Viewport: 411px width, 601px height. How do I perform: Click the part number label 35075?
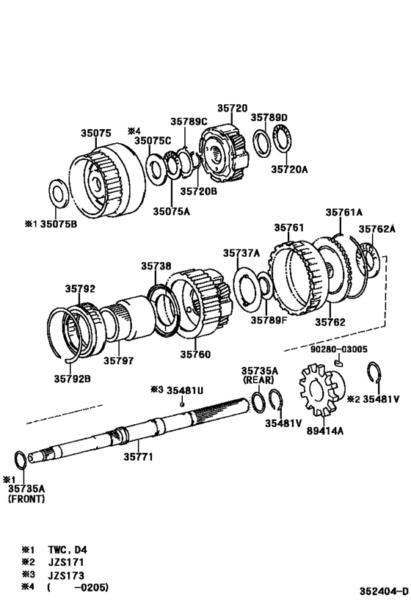pyautogui.click(x=96, y=133)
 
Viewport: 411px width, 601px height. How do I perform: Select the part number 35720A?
pyautogui.click(x=289, y=169)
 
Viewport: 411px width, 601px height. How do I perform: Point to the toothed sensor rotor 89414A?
pyautogui.click(x=322, y=390)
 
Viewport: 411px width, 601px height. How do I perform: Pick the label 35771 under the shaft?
pyautogui.click(x=138, y=456)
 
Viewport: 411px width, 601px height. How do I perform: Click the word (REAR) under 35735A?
pyautogui.click(x=259, y=380)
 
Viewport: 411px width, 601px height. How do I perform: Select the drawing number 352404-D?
pyautogui.click(x=384, y=590)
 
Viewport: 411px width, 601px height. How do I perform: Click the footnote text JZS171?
pyautogui.click(x=66, y=562)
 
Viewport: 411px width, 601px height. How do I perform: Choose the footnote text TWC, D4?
pyautogui.click(x=68, y=550)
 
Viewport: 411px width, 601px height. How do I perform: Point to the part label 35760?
pyautogui.click(x=195, y=354)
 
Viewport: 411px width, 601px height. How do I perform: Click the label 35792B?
pyautogui.click(x=73, y=379)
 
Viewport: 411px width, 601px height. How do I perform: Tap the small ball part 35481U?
pyautogui.click(x=183, y=404)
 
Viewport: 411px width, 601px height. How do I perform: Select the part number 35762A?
pyautogui.click(x=377, y=229)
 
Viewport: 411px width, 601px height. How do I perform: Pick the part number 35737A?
pyautogui.click(x=241, y=253)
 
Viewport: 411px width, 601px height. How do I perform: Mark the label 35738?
pyautogui.click(x=156, y=266)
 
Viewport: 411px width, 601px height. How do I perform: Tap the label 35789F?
pyautogui.click(x=269, y=319)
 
